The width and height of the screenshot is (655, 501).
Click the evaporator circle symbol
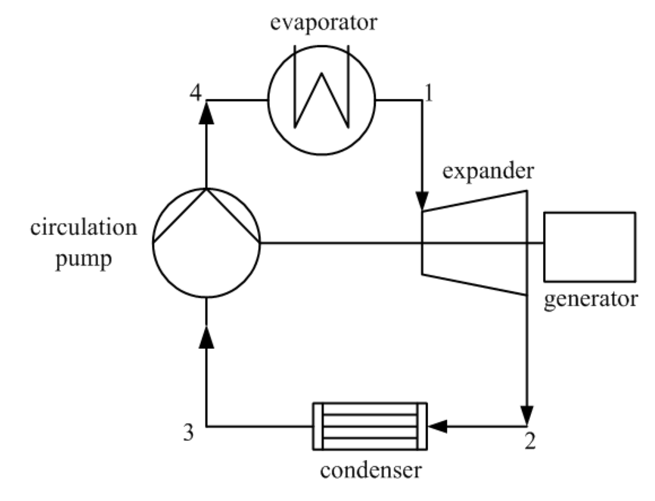[x=320, y=100]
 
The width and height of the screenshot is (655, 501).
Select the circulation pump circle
[x=207, y=243]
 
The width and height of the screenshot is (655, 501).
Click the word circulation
[x=84, y=228]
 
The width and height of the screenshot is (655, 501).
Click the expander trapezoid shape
[x=473, y=243]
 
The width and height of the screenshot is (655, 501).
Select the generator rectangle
[x=589, y=246]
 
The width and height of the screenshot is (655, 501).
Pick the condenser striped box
[x=370, y=425]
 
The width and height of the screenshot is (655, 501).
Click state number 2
[x=528, y=441]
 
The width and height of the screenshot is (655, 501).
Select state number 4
[x=196, y=93]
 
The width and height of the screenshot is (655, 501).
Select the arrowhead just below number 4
[x=206, y=114]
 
